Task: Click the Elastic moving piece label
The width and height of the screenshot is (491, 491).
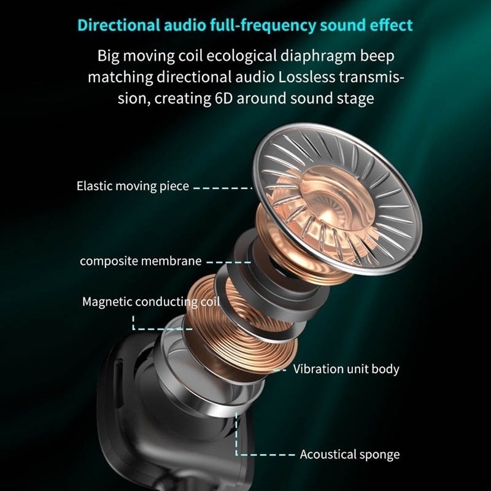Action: pos(133,185)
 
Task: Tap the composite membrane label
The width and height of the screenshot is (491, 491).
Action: pos(141,261)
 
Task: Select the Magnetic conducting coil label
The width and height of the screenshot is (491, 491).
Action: pos(142,303)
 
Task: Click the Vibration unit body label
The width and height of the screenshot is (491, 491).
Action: pos(346,369)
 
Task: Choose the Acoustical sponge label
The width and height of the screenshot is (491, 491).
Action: pos(350,454)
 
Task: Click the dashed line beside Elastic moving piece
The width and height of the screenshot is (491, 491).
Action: pos(223,187)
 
